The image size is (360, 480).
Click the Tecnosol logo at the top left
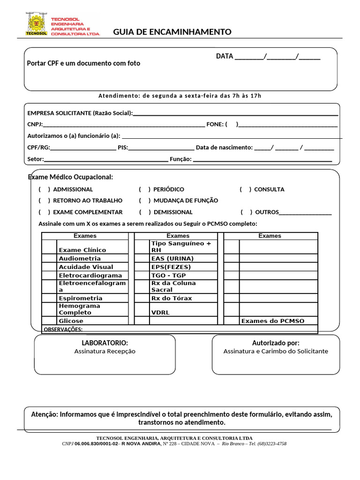[36, 24]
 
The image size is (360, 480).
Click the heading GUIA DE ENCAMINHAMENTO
[172, 32]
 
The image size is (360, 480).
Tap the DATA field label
[225, 56]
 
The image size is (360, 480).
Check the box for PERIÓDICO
[145, 189]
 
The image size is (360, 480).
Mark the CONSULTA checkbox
[245, 189]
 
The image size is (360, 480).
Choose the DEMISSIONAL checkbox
[145, 212]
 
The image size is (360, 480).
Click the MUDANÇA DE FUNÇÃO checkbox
[145, 201]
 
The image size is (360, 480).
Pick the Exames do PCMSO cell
[272, 321]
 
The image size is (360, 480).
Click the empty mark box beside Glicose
[49, 321]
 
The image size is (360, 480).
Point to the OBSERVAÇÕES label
[63, 330]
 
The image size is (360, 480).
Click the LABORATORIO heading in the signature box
[105, 343]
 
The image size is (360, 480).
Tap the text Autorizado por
[276, 343]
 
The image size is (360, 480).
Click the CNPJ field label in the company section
[35, 125]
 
